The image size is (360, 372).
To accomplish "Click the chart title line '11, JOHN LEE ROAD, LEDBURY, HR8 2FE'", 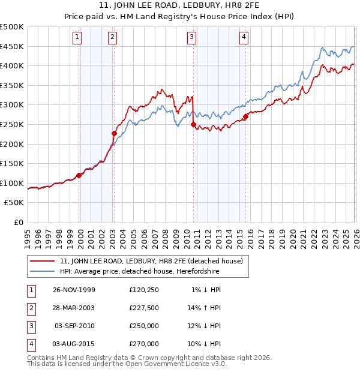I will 180,7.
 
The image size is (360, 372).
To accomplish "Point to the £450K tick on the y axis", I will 12,47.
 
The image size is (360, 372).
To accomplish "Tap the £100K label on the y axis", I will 12,183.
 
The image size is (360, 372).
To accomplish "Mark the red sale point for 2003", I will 114,133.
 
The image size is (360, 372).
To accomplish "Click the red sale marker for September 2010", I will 193,125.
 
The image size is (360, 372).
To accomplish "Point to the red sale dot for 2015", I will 245,117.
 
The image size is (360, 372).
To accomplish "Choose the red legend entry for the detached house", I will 151,261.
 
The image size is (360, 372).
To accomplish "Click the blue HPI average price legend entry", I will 139,272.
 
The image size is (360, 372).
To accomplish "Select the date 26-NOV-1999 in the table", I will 73,290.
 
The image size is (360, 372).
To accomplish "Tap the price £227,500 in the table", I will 144,308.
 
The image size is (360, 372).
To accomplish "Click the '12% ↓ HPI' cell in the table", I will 205,326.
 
